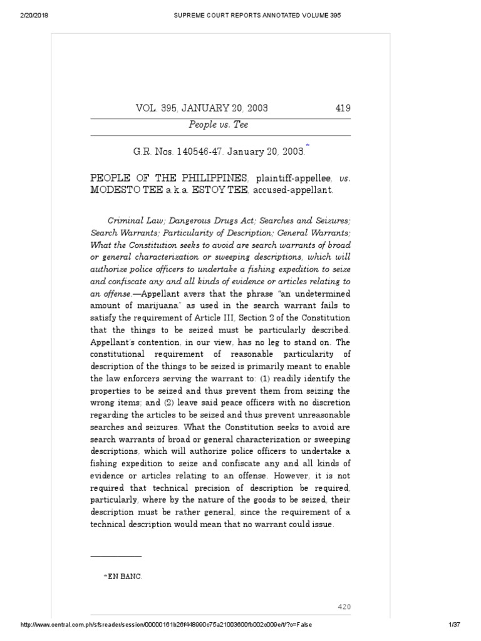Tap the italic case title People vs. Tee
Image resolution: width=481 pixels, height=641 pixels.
[x=219, y=125]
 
